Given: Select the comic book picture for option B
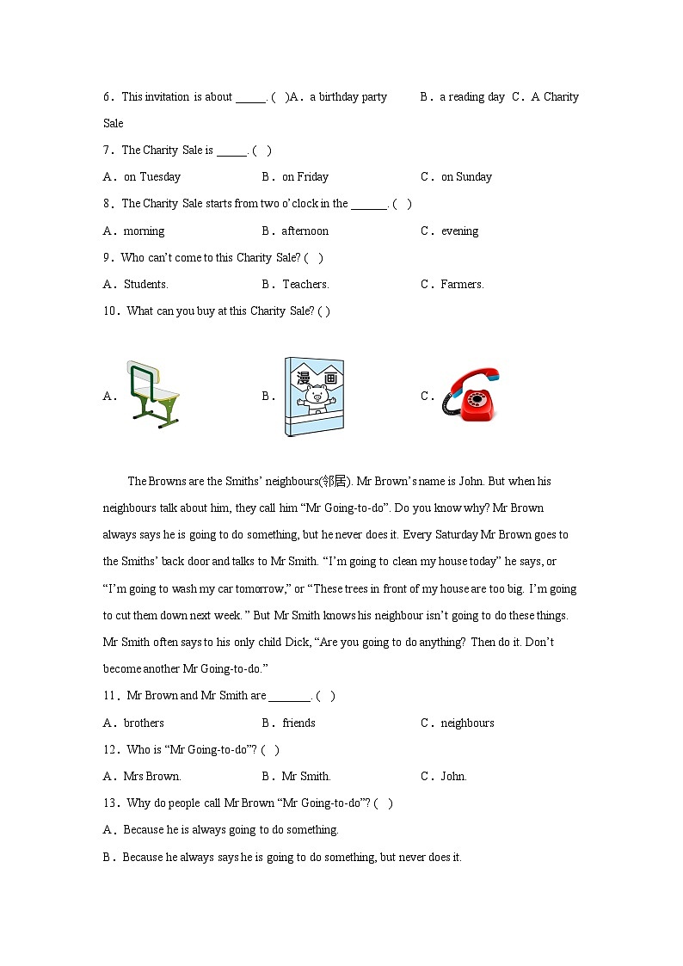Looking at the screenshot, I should pyautogui.click(x=314, y=397).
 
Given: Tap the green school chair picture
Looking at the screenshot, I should pyautogui.click(x=154, y=395).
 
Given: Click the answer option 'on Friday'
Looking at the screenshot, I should pyautogui.click(x=305, y=177).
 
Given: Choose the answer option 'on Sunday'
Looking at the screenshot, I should pyautogui.click(x=466, y=177).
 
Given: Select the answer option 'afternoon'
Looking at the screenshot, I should pyautogui.click(x=305, y=231).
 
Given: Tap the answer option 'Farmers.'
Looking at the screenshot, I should pyautogui.click(x=462, y=285).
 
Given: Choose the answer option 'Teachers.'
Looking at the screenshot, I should pyautogui.click(x=305, y=285).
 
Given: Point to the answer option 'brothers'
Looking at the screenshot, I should pyautogui.click(x=144, y=723).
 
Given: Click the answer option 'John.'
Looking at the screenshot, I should pyautogui.click(x=453, y=777).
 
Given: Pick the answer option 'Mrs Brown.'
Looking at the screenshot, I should pyautogui.click(x=152, y=777).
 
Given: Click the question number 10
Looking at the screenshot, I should pyautogui.click(x=110, y=311).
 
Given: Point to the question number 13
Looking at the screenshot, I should pyautogui.click(x=110, y=803).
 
